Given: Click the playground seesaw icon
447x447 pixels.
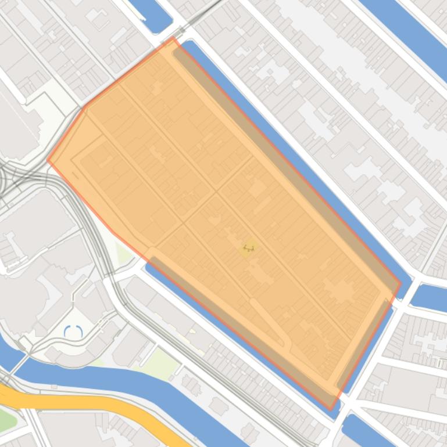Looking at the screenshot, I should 249,248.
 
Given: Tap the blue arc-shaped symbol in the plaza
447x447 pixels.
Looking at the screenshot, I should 73,332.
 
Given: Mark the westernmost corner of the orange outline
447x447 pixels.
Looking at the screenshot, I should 48,160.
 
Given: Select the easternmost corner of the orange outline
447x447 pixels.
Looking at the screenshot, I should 400,284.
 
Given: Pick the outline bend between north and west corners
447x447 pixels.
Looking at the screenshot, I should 86,107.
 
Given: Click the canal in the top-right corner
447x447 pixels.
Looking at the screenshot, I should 407,29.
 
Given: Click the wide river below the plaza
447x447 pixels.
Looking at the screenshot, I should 134,383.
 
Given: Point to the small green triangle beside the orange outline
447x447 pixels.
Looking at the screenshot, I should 123,253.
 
